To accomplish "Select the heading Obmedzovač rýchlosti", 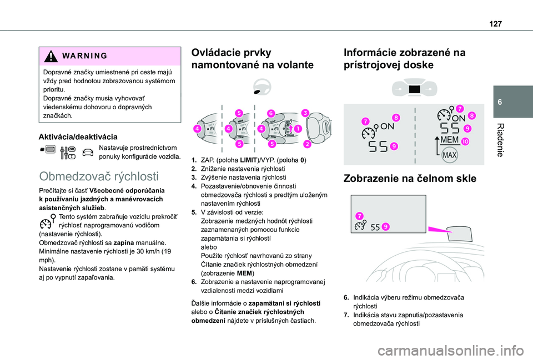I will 99,177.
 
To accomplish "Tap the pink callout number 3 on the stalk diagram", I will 306,113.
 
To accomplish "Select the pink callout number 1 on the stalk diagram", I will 299,129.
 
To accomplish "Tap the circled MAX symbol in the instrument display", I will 450,154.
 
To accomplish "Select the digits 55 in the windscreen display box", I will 375,227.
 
